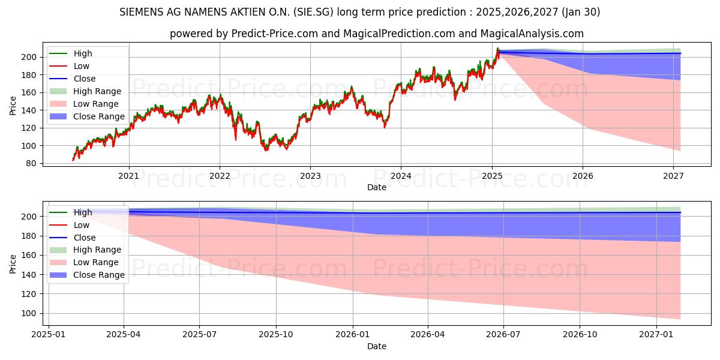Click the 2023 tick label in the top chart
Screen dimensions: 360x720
point(310,176)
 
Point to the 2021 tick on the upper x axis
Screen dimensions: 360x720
point(128,176)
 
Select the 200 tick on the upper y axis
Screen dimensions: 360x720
point(31,57)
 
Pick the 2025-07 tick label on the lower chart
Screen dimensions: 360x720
point(200,334)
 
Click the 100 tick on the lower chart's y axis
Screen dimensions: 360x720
point(31,313)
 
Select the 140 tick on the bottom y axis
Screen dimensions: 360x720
point(31,275)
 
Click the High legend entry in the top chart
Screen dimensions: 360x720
point(82,53)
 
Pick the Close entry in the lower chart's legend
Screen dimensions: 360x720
point(85,238)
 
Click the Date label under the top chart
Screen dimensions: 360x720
point(377,188)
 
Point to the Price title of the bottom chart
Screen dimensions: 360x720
point(13,263)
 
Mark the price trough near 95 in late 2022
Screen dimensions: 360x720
point(266,150)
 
